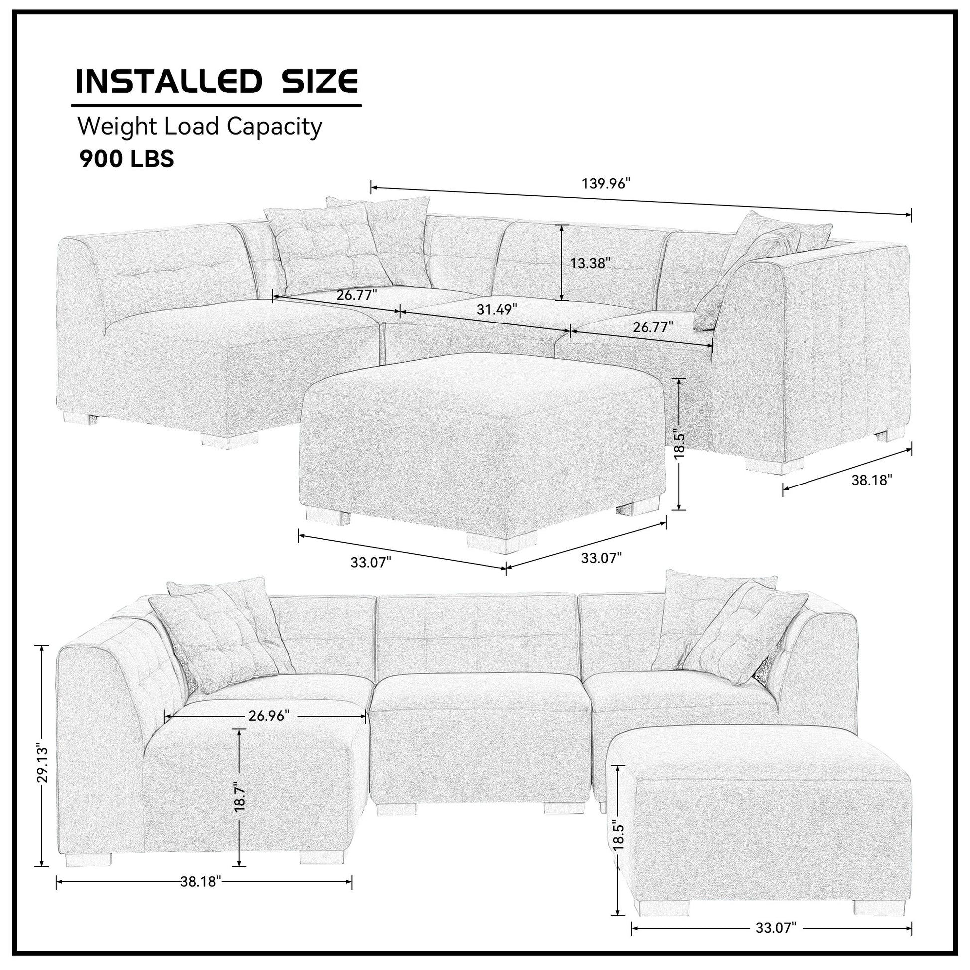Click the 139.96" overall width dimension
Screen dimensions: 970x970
click(x=605, y=184)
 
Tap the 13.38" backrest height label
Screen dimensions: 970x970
click(x=590, y=263)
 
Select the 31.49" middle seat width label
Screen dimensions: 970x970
click(x=496, y=309)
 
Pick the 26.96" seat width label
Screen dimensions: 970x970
click(x=269, y=715)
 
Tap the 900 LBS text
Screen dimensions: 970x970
click(x=127, y=159)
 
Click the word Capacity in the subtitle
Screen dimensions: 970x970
click(x=274, y=127)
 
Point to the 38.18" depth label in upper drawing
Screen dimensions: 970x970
click(x=872, y=480)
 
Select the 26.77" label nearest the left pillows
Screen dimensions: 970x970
click(x=356, y=295)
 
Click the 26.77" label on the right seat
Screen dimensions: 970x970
click(x=652, y=327)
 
